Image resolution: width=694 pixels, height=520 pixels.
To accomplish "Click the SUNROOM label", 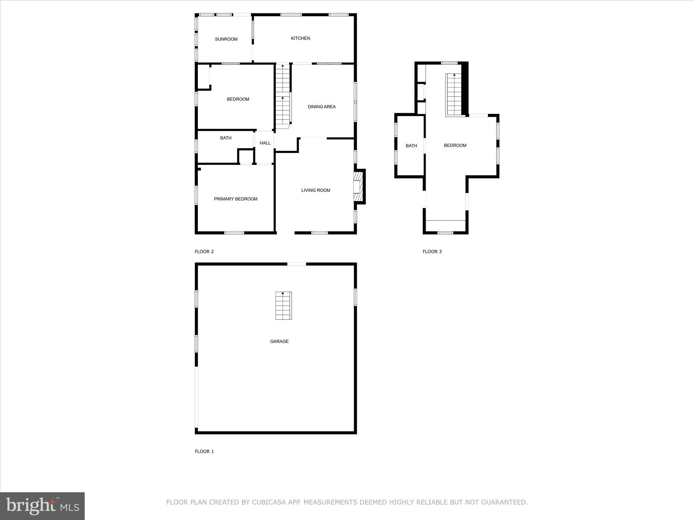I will coord(226,39).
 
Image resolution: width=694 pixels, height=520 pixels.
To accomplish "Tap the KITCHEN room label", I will coord(300,38).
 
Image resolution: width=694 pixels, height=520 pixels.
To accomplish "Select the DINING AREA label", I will coord(322,107).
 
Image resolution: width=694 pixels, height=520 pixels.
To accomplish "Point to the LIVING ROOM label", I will coord(315,190).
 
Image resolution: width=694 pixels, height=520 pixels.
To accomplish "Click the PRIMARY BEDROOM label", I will coord(236,199).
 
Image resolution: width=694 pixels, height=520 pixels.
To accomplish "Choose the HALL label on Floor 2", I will coord(265,143).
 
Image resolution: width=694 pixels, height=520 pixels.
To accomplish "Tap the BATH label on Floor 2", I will coord(226,138).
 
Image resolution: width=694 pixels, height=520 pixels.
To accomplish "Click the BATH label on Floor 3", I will coord(411,146).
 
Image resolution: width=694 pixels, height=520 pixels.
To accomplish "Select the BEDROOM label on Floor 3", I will coord(455,146).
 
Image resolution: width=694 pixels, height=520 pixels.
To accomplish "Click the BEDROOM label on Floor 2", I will coord(238,99).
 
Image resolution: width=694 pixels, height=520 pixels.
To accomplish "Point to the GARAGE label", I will coord(279,342).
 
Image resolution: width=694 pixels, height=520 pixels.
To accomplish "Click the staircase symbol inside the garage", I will coord(283,306).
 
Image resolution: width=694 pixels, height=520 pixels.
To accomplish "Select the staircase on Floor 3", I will coord(454,95).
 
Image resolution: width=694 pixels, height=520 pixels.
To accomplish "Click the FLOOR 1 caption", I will coord(204,451).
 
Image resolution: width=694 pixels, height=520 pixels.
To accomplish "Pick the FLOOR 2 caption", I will coord(204,252).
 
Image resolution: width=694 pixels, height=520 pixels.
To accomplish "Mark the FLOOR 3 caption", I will coord(432,252).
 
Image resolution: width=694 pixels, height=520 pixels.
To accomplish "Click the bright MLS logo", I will coord(42,506).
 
